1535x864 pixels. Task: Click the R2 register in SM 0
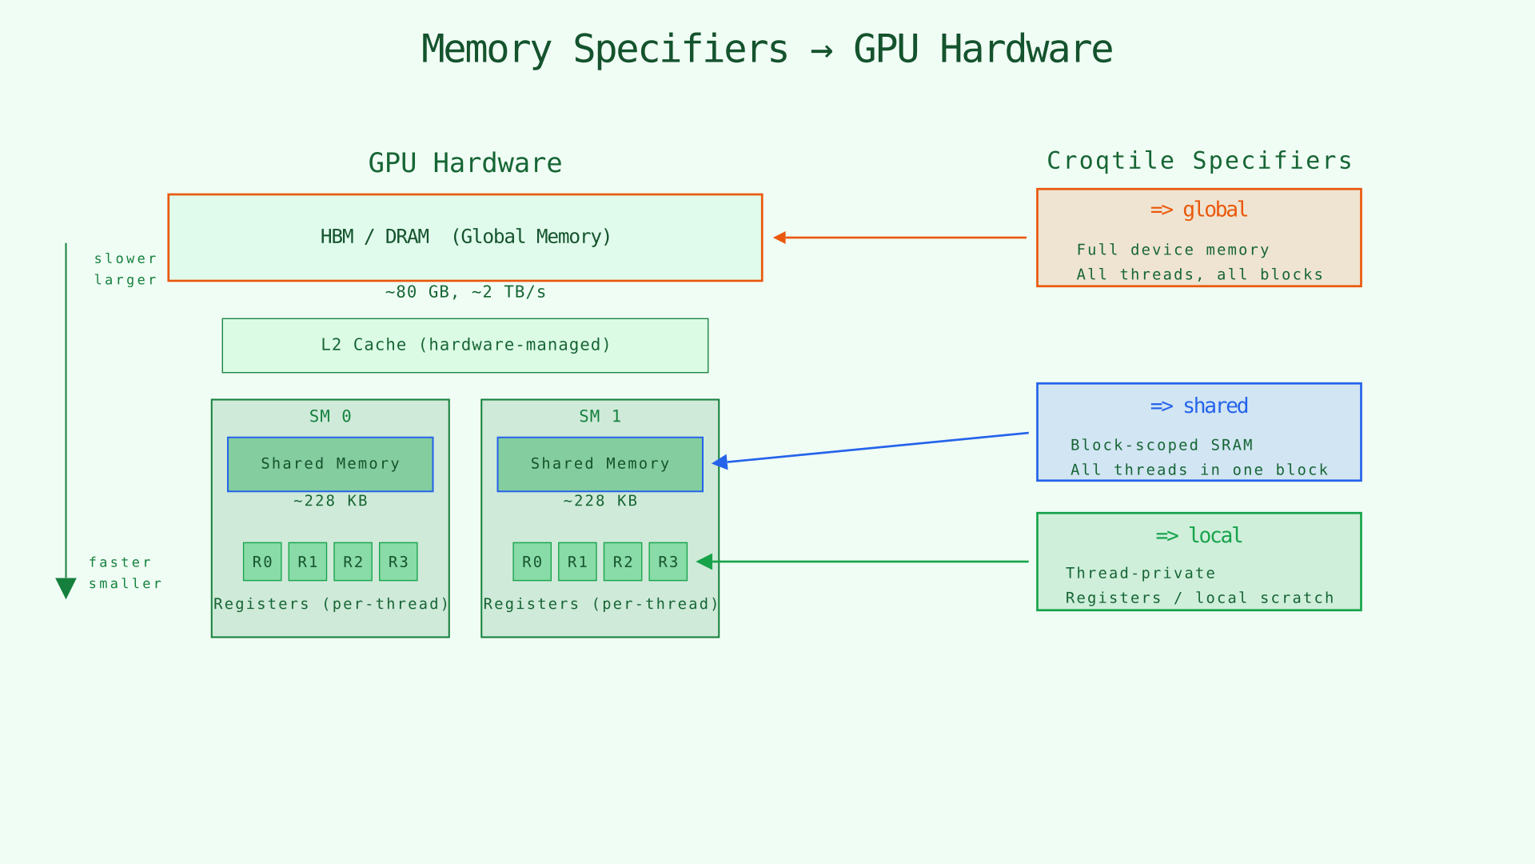(x=353, y=562)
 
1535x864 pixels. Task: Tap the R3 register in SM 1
(x=668, y=562)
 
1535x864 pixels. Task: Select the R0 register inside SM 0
(x=262, y=562)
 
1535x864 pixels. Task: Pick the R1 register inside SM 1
(x=577, y=562)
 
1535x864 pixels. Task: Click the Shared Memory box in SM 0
(x=330, y=464)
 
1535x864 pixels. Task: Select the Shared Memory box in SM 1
(x=600, y=464)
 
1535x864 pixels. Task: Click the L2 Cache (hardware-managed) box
(x=465, y=346)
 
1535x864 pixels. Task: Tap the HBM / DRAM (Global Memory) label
(x=465, y=237)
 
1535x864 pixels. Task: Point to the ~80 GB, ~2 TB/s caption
(x=465, y=292)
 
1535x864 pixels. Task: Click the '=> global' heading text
(x=1198, y=210)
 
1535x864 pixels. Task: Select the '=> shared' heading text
(x=1198, y=406)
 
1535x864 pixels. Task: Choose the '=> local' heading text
(x=1198, y=535)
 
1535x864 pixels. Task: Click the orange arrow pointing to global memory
(x=899, y=238)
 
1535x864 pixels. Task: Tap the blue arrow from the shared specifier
(x=871, y=448)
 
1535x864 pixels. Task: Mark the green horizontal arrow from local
(x=863, y=562)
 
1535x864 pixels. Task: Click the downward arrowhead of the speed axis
(x=66, y=587)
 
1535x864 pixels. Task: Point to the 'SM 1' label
(x=600, y=416)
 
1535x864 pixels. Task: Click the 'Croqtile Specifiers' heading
(x=1198, y=161)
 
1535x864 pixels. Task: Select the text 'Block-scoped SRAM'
(x=1161, y=445)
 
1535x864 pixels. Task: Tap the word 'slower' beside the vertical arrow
(x=126, y=258)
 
